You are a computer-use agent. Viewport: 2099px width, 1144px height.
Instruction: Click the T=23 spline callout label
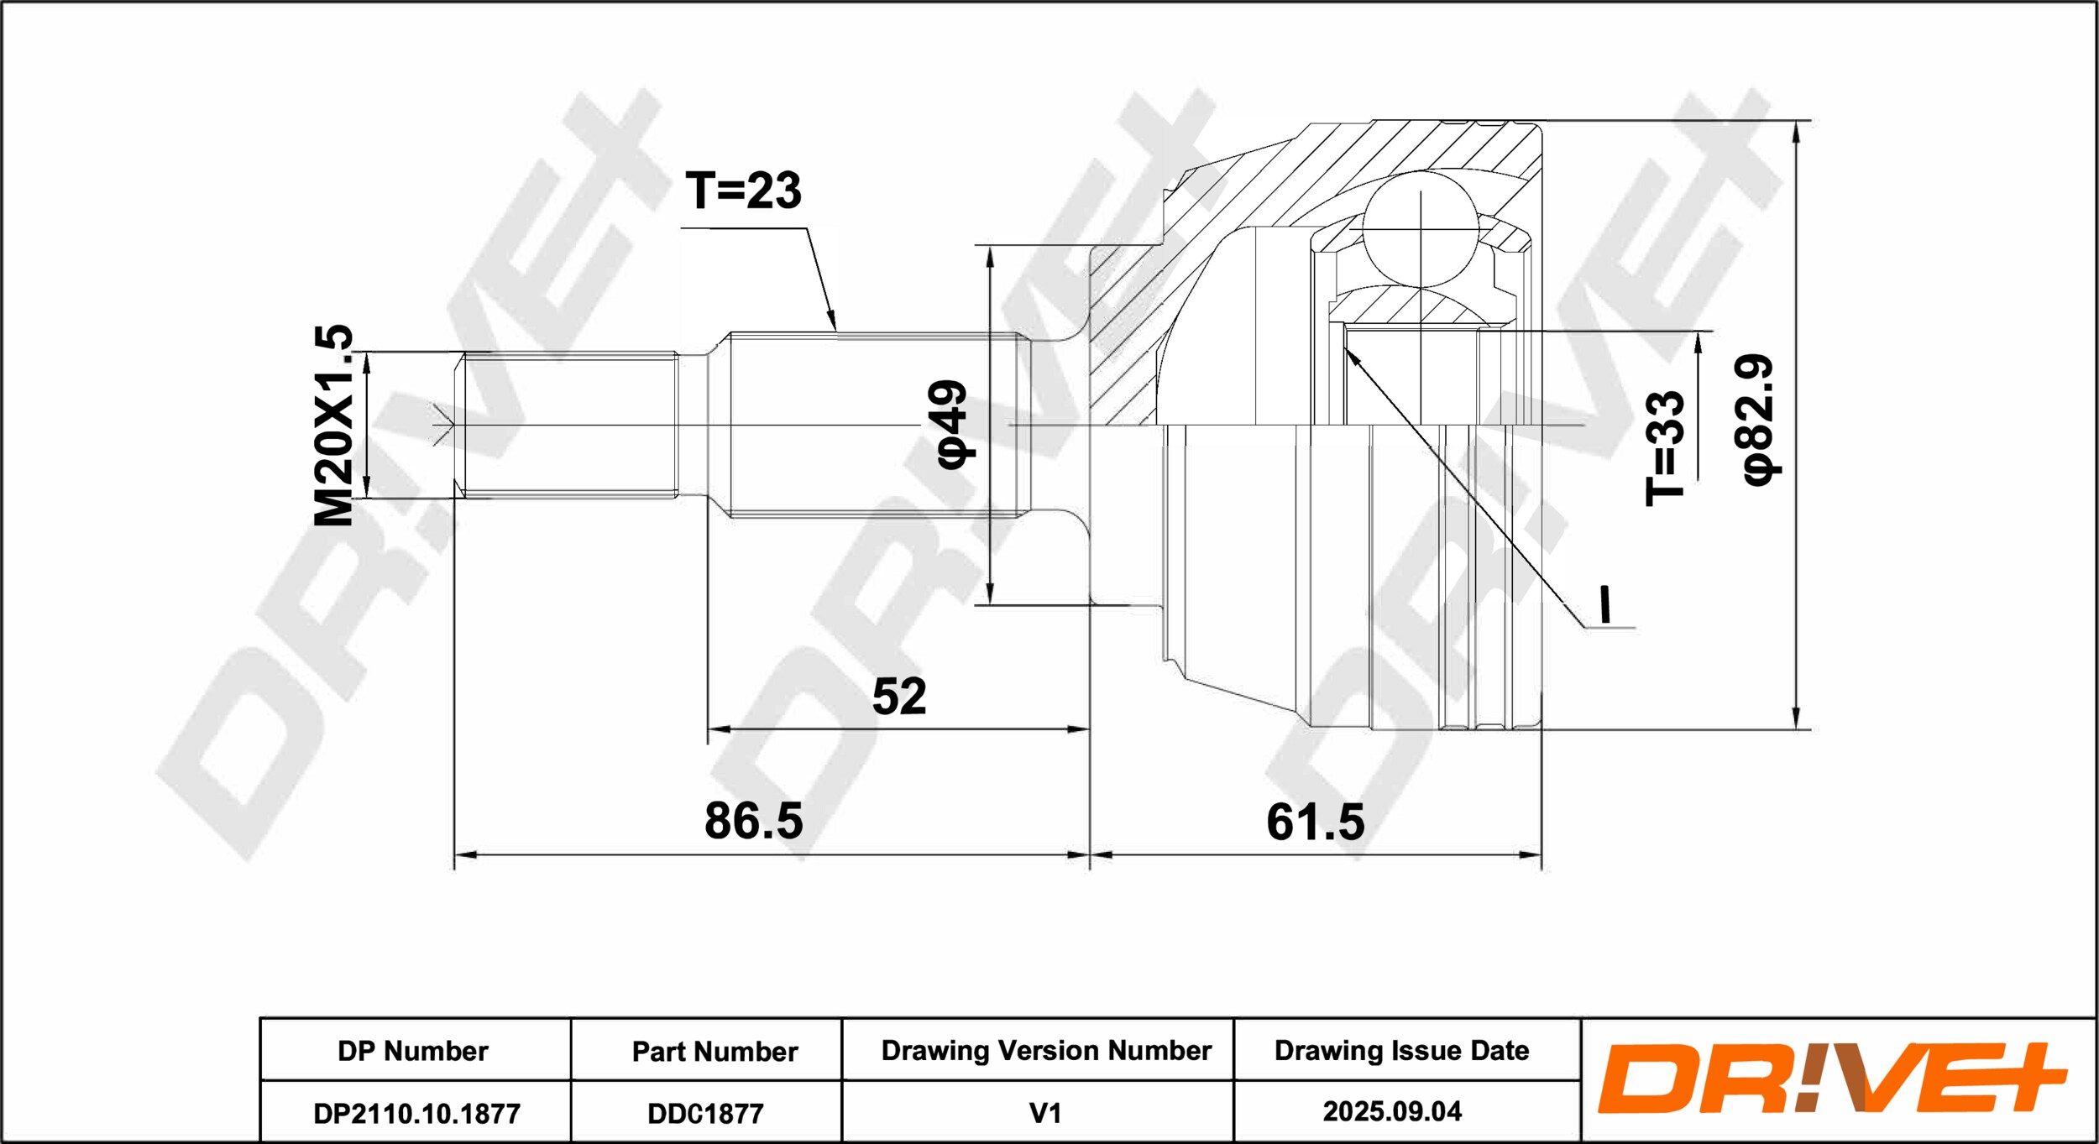(x=743, y=191)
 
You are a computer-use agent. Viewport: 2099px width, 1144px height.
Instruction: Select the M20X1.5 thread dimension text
(x=333, y=426)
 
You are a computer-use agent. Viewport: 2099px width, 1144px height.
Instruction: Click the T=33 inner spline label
(x=1665, y=448)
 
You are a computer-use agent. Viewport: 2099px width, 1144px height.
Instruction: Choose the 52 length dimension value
(x=899, y=696)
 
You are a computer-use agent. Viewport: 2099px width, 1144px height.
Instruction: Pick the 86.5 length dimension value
(x=753, y=820)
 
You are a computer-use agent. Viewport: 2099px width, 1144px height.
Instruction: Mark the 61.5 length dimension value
(x=1316, y=822)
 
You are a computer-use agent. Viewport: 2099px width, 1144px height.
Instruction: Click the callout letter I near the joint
(x=1605, y=604)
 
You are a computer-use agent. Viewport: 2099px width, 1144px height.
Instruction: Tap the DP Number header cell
(x=413, y=1051)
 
